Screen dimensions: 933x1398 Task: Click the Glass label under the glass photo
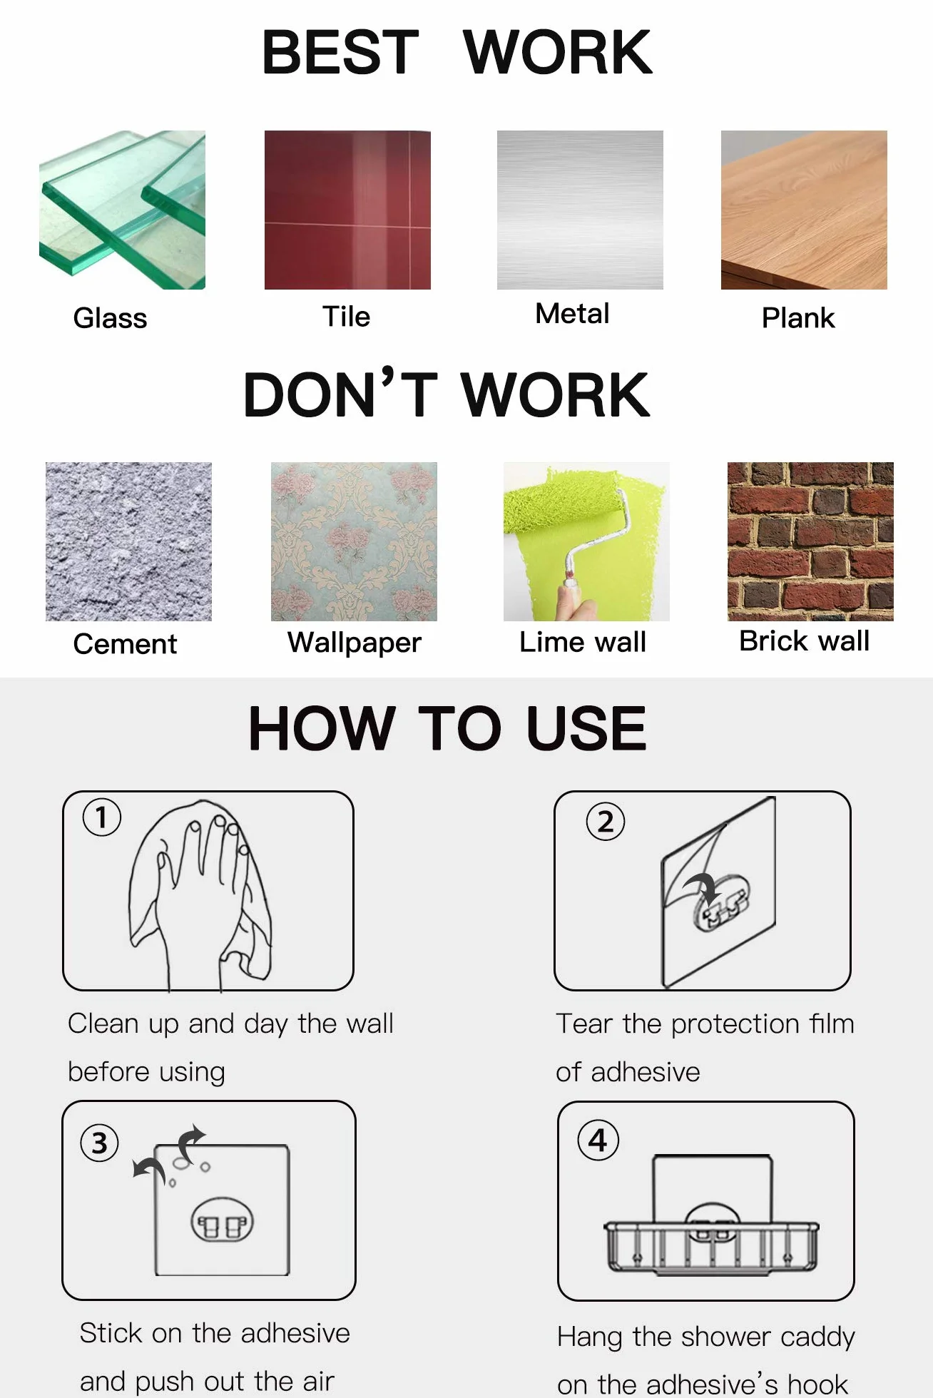click(x=110, y=318)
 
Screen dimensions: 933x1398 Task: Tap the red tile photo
click(x=347, y=210)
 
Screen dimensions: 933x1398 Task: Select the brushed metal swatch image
click(x=580, y=210)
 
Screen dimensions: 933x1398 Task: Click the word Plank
click(x=798, y=318)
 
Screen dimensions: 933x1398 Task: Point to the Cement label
click(x=125, y=644)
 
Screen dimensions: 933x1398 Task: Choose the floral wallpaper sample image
click(x=354, y=541)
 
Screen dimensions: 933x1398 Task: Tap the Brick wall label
click(x=804, y=641)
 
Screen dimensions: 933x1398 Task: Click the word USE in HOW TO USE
click(x=586, y=728)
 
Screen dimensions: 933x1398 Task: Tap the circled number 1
click(x=102, y=817)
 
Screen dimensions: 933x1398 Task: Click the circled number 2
click(x=606, y=822)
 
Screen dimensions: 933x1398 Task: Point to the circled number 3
click(x=100, y=1143)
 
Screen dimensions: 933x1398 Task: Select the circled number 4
click(x=598, y=1141)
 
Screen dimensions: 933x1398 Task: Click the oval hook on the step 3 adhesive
click(x=222, y=1220)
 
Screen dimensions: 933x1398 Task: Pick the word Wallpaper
click(x=355, y=643)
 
